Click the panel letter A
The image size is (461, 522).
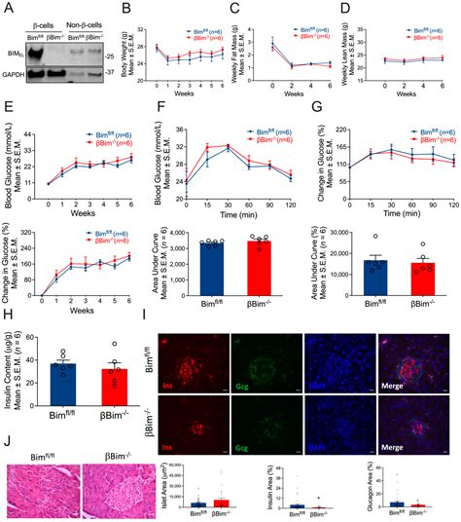coord(7,8)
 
